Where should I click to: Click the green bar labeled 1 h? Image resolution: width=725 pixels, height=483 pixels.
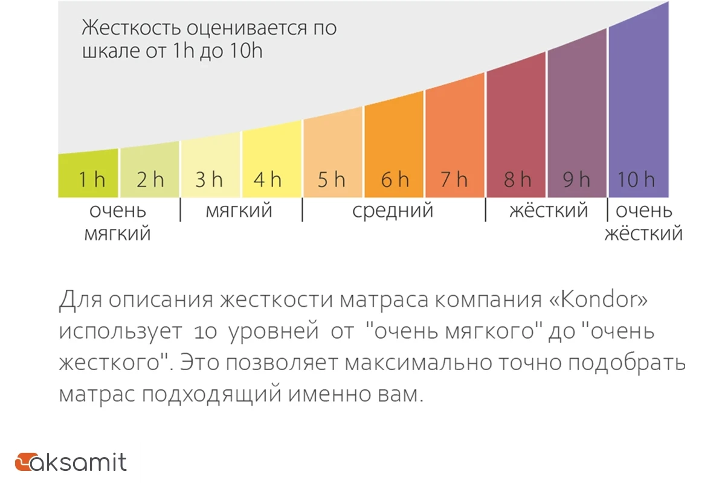click(x=88, y=174)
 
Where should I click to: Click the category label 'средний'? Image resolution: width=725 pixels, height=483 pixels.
click(x=393, y=211)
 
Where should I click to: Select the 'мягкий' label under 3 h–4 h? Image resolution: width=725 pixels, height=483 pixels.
click(x=239, y=211)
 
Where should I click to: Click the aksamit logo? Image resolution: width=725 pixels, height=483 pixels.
click(x=71, y=462)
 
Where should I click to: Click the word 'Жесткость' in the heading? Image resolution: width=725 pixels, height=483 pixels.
click(x=130, y=28)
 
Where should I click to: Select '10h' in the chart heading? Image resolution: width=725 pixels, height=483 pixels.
click(x=246, y=51)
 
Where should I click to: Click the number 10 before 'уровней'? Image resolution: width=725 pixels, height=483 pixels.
click(x=205, y=332)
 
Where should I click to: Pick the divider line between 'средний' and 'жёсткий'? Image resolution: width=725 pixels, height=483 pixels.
click(x=486, y=210)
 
